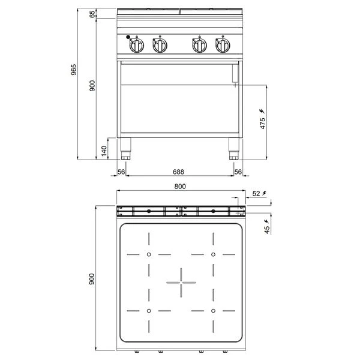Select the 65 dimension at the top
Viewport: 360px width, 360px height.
92,16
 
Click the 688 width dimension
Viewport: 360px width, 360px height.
179,172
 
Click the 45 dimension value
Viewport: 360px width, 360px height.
266,227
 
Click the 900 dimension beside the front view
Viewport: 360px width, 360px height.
92,86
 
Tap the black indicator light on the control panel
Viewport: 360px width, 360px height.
129,38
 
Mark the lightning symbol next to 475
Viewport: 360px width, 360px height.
262,112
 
